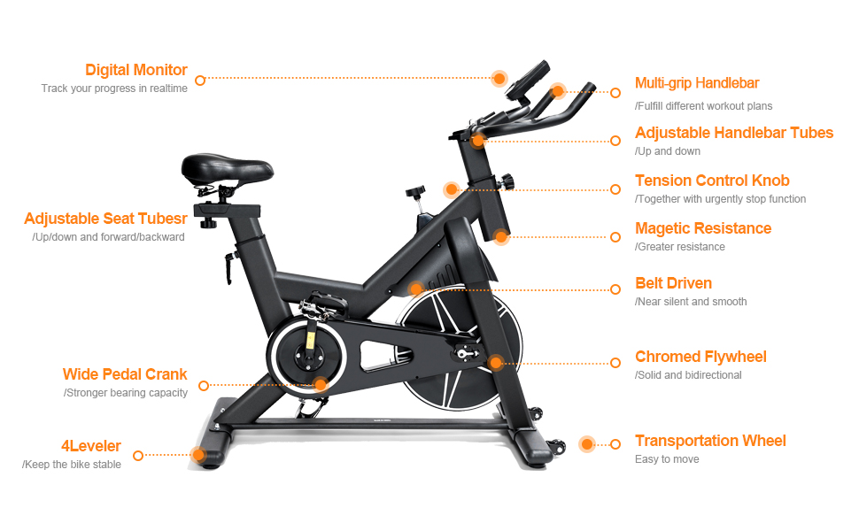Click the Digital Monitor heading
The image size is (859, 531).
click(136, 70)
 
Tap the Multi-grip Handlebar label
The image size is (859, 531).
click(697, 83)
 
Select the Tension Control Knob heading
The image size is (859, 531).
click(712, 181)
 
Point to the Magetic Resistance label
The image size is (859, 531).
click(703, 228)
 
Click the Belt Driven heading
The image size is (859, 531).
click(673, 283)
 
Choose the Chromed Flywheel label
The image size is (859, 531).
click(700, 357)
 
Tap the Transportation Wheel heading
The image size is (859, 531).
click(710, 441)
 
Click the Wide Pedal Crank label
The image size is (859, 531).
click(125, 374)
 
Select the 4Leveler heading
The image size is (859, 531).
click(91, 446)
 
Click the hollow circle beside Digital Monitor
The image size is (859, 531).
click(200, 80)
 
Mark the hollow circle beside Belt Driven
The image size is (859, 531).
click(616, 289)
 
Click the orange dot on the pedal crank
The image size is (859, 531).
click(321, 385)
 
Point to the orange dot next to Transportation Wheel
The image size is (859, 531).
click(586, 444)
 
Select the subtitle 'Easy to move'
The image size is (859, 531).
click(667, 459)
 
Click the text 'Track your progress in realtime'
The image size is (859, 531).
click(114, 88)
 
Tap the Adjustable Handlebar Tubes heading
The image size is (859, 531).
click(734, 133)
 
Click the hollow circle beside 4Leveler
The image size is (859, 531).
click(138, 456)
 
